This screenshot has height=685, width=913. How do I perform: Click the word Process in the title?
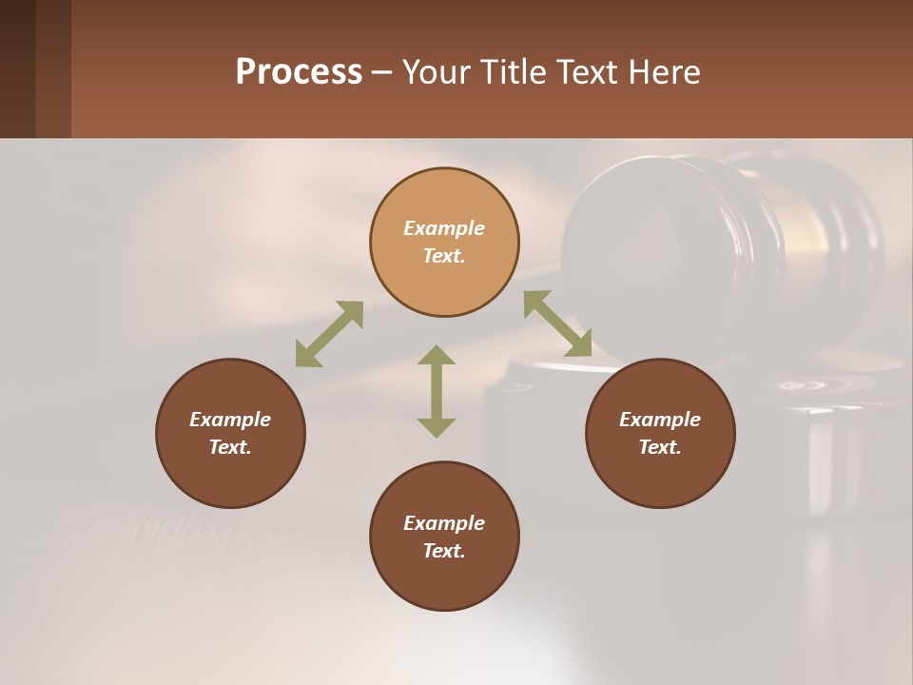[299, 72]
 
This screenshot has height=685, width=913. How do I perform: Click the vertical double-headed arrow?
[437, 391]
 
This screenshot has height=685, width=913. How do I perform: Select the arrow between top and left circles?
[329, 334]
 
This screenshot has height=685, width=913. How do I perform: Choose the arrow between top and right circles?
[557, 323]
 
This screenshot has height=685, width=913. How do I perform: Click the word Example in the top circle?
[444, 228]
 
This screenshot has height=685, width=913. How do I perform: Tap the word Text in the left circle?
[230, 447]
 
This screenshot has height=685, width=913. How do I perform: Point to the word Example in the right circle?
[660, 420]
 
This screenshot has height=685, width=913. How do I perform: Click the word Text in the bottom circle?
[444, 551]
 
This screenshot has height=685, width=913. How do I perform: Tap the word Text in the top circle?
[444, 256]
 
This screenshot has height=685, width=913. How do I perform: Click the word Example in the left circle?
[230, 420]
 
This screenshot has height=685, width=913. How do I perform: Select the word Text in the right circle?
[660, 447]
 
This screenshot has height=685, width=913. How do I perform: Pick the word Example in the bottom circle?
[444, 523]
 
